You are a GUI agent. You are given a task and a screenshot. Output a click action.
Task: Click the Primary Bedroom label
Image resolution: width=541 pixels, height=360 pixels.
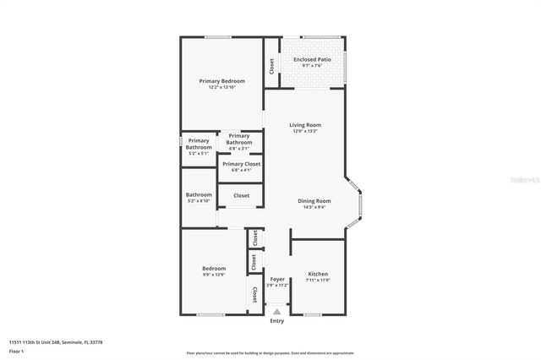pyautogui.click(x=221, y=81)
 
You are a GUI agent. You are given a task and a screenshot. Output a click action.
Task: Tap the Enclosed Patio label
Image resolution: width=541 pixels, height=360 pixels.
pyautogui.click(x=312, y=59)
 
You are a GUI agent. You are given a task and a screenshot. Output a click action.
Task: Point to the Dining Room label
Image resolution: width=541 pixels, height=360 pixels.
pyautogui.click(x=314, y=200)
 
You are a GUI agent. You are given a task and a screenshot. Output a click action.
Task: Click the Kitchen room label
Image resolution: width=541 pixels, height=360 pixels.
pyautogui.click(x=318, y=274)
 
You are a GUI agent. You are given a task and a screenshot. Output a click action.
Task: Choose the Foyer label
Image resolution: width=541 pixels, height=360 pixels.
pyautogui.click(x=277, y=279)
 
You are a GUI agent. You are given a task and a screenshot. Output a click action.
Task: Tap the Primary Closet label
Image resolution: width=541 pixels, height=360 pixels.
pyautogui.click(x=241, y=164)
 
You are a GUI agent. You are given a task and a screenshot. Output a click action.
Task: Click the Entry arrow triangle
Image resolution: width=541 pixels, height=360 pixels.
pyautogui.click(x=276, y=313)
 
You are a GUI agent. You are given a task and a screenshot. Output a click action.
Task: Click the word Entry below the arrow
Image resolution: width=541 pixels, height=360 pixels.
pyautogui.click(x=276, y=321)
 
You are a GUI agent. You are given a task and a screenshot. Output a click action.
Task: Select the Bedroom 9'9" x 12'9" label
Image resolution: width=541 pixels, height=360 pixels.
pyautogui.click(x=214, y=269)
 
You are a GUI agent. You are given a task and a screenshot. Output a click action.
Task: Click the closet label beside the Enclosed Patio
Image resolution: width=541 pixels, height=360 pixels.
pyautogui.click(x=271, y=64)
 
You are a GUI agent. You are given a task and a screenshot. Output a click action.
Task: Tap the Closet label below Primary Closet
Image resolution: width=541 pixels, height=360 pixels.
pyautogui.click(x=242, y=195)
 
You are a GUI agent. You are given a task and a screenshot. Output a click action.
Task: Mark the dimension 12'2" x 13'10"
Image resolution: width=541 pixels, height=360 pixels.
pyautogui.click(x=221, y=87)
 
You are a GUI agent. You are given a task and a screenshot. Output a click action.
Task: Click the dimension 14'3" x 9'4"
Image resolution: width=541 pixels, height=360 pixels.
pyautogui.click(x=314, y=207)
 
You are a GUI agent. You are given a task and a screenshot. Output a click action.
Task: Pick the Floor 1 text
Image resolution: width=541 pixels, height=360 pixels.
pyautogui.click(x=17, y=350)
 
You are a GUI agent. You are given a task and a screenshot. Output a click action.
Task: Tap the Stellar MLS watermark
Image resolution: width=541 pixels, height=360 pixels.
pyautogui.click(x=526, y=180)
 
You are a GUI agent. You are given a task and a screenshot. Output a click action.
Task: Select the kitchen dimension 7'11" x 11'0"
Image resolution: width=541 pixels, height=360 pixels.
pyautogui.click(x=318, y=280)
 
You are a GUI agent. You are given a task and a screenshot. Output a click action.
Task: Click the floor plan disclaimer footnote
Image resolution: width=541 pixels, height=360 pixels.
pyautogui.click(x=270, y=352)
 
